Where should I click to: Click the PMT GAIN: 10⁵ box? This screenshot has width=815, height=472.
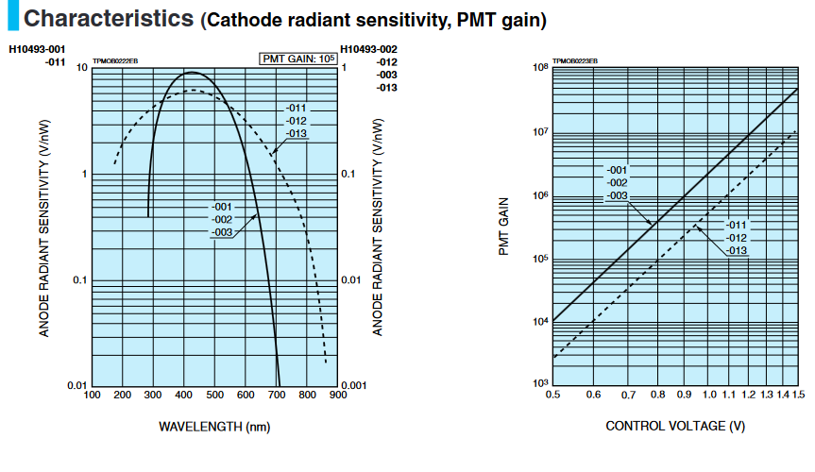(x=298, y=59)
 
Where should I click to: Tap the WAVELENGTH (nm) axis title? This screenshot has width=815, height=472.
(x=214, y=427)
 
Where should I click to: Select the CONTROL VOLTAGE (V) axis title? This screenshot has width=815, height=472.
(x=675, y=427)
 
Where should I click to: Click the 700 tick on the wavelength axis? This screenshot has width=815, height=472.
(x=277, y=395)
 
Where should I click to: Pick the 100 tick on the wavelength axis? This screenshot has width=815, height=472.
(x=92, y=395)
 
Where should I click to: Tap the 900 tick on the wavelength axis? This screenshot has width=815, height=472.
(x=338, y=395)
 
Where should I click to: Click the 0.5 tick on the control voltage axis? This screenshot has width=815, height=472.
(x=552, y=394)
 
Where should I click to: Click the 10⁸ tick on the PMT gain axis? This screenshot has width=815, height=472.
(x=541, y=68)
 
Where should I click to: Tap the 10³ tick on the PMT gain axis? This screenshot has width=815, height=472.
(x=541, y=383)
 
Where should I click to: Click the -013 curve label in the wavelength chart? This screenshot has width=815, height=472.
(x=297, y=133)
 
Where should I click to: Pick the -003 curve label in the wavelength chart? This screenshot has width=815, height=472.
(x=223, y=231)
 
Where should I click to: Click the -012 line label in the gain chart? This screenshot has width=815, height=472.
(x=737, y=238)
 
